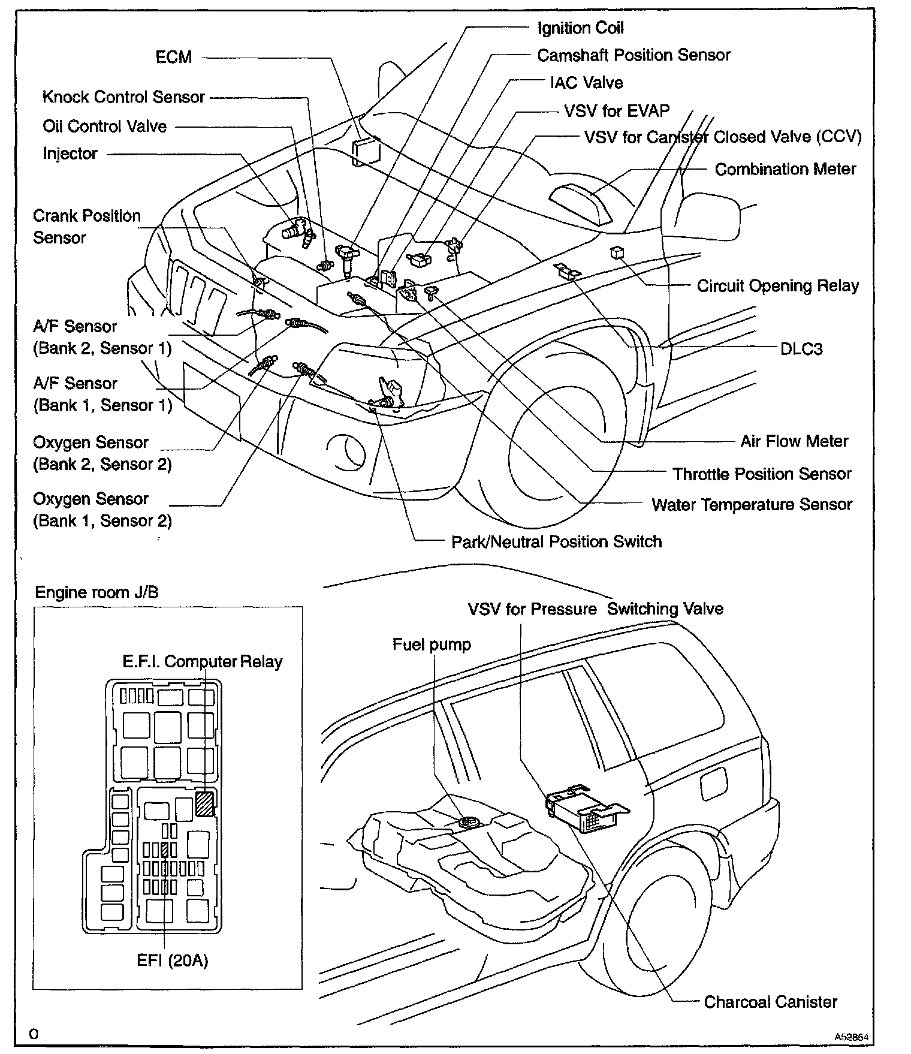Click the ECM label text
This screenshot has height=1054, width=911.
[173, 58]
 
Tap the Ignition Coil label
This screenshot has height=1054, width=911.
[580, 28]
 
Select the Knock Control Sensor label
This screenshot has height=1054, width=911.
[123, 97]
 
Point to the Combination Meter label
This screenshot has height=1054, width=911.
[785, 170]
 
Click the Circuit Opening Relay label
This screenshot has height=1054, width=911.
[777, 286]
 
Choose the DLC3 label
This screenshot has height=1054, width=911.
[801, 349]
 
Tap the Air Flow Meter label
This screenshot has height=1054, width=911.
[794, 442]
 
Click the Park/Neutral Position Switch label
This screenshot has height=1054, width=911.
[556, 542]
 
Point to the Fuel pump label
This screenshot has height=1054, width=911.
[432, 645]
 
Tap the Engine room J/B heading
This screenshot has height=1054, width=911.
[97, 593]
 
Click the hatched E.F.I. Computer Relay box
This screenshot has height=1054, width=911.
[205, 803]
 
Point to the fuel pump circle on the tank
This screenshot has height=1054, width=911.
[467, 824]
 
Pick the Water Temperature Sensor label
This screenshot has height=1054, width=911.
[752, 505]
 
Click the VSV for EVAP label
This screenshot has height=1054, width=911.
[616, 111]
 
